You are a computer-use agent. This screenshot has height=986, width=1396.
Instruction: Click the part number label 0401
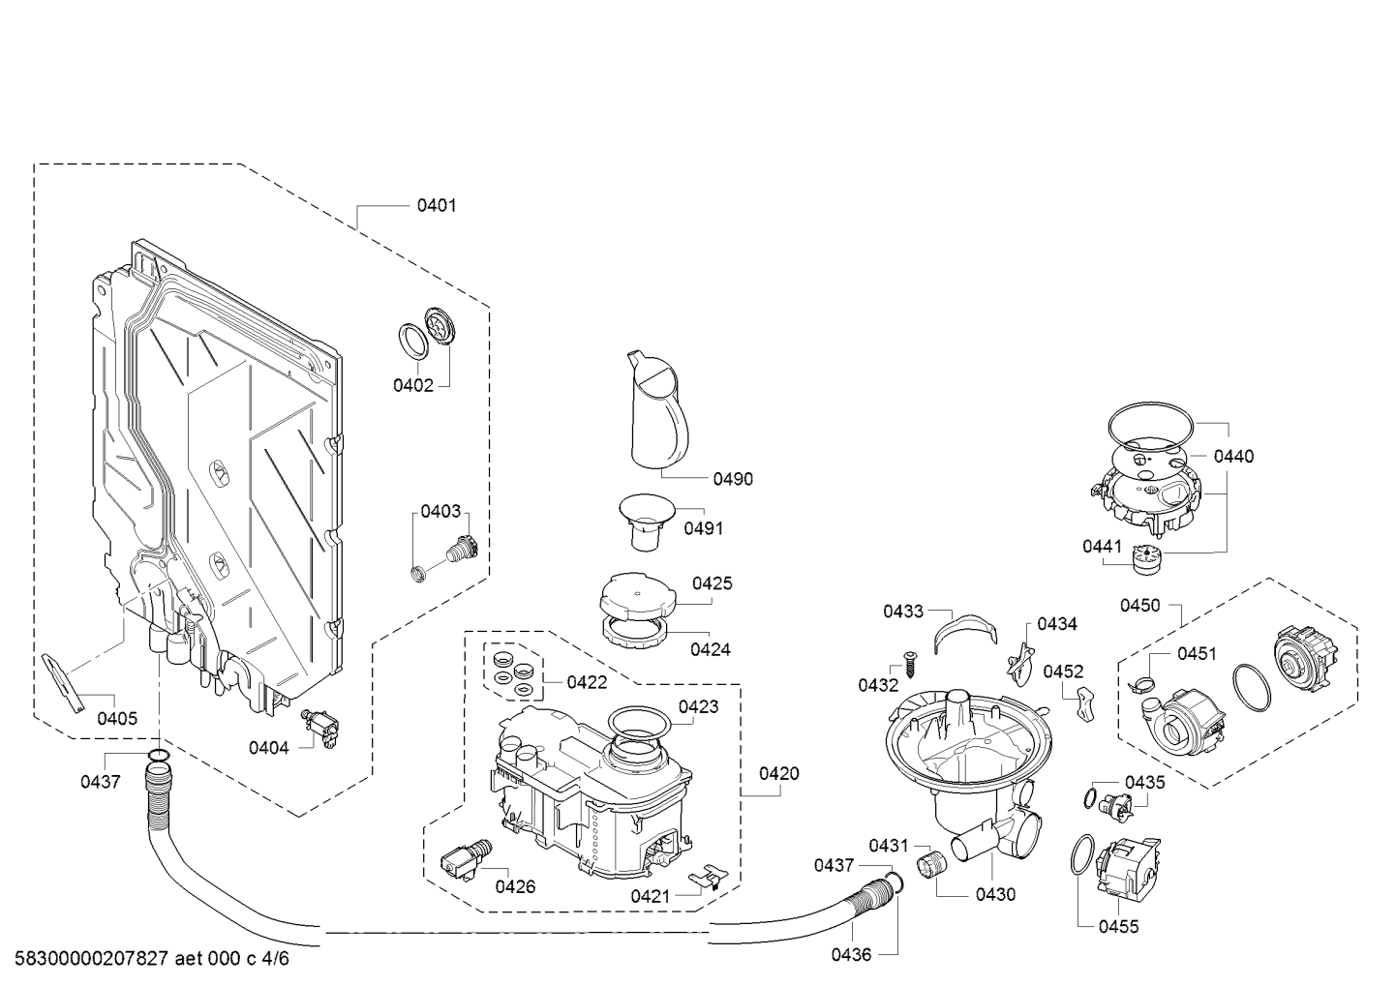tap(437, 205)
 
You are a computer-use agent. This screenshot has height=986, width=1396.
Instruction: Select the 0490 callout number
tap(733, 479)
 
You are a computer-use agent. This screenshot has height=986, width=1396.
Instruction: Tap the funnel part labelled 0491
tap(647, 522)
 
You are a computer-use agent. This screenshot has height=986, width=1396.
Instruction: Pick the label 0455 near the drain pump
tap(1119, 927)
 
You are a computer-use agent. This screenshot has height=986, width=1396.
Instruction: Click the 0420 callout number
tap(779, 773)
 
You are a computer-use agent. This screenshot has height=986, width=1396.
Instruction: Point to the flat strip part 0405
tap(63, 683)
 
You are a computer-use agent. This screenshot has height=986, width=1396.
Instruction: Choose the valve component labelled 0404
tap(320, 727)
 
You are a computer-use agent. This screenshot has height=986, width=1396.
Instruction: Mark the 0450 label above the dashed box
tap(1139, 606)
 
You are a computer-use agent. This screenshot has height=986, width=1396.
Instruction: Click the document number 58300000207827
tap(92, 959)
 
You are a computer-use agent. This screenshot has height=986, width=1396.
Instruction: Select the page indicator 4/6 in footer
tap(276, 959)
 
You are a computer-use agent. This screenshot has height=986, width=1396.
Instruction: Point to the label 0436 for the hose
tap(851, 955)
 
